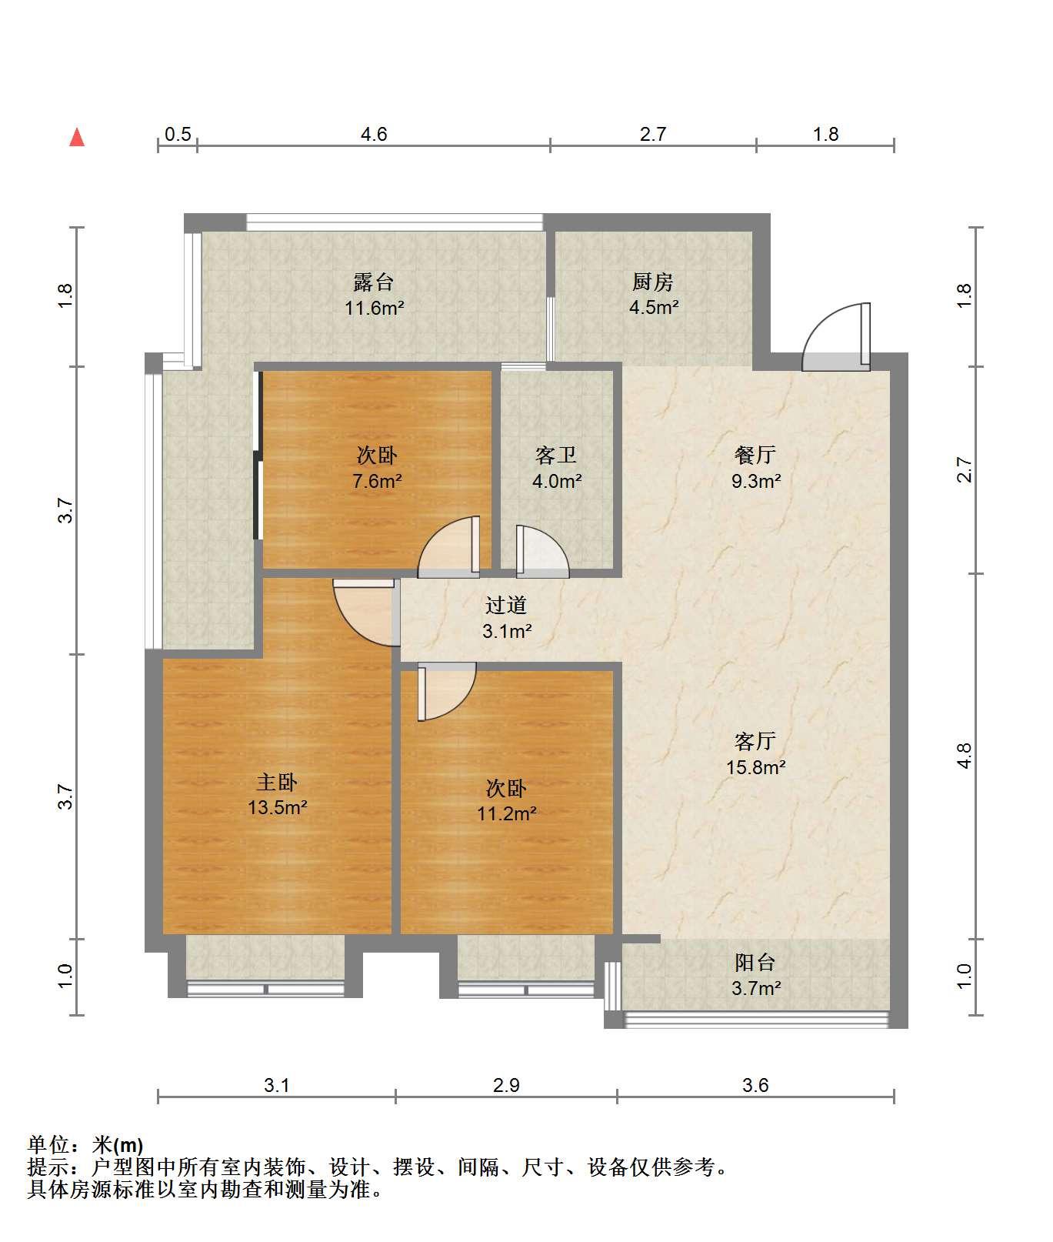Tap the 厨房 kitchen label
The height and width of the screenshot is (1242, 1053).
pos(654,282)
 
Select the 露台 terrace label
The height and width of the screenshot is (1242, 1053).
pos(374,282)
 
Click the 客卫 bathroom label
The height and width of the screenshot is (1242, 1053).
pos(556,456)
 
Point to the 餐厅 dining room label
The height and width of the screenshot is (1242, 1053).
pos(755,456)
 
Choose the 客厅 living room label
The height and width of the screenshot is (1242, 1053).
pos(755,741)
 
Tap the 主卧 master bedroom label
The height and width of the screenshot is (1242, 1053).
pos(277,782)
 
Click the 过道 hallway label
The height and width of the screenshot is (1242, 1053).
pos(506,606)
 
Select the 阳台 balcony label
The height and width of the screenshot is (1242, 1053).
pos(755,962)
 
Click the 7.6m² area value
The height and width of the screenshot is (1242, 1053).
pos(377,482)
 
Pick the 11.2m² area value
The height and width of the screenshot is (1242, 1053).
pos(506,813)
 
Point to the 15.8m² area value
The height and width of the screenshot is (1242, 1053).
pos(755,767)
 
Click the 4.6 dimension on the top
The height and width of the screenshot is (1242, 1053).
pos(374,135)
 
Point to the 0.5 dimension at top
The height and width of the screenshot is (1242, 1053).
pos(178,135)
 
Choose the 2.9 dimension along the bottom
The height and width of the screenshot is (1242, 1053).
pos(506,1085)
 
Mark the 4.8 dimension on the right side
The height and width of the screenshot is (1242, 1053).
pos(964,756)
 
